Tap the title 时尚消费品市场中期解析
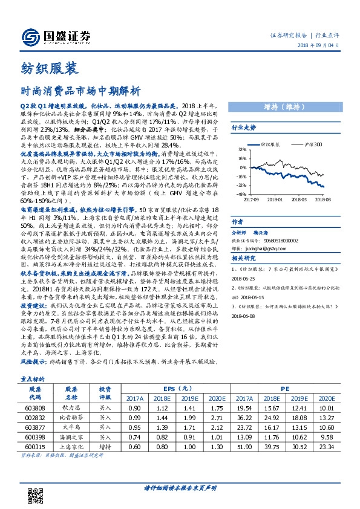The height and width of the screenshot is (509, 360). [80, 92]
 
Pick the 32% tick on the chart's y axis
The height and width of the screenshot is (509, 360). [242, 148]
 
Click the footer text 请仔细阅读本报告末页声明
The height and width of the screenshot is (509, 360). [180, 488]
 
